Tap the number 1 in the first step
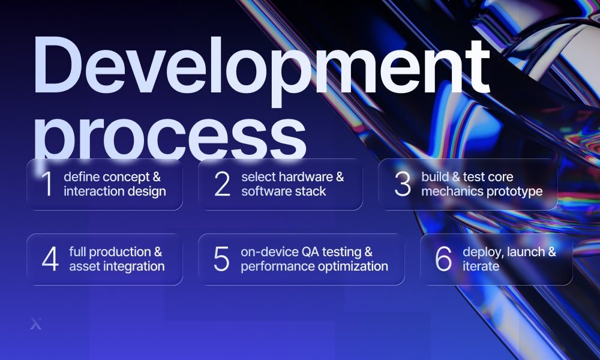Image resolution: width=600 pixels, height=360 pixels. click(47, 184)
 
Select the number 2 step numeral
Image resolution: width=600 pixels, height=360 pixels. click(222, 184)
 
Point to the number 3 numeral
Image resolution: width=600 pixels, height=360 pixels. click(402, 184)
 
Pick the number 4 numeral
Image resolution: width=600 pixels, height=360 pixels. click(50, 259)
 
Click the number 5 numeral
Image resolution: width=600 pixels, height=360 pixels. click(221, 259)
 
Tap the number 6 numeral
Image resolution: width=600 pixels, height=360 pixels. click(443, 259)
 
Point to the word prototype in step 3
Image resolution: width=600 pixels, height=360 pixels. click(515, 191)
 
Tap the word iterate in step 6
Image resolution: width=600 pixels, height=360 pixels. click(481, 266)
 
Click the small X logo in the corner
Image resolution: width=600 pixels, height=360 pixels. click(35, 325)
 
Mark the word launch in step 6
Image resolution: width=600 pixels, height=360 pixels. click(521, 252)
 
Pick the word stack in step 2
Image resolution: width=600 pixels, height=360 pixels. click(311, 191)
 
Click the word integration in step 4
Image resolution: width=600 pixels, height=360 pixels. click(130, 266)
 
